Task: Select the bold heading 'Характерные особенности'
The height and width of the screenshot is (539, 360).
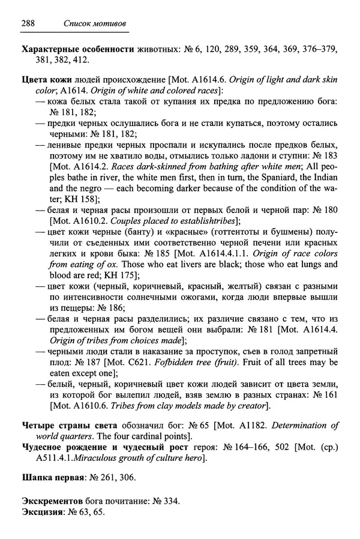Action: pos(79,49)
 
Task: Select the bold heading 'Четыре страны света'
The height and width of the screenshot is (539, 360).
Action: pos(67,427)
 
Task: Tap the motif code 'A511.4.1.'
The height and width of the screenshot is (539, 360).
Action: pos(45,459)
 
